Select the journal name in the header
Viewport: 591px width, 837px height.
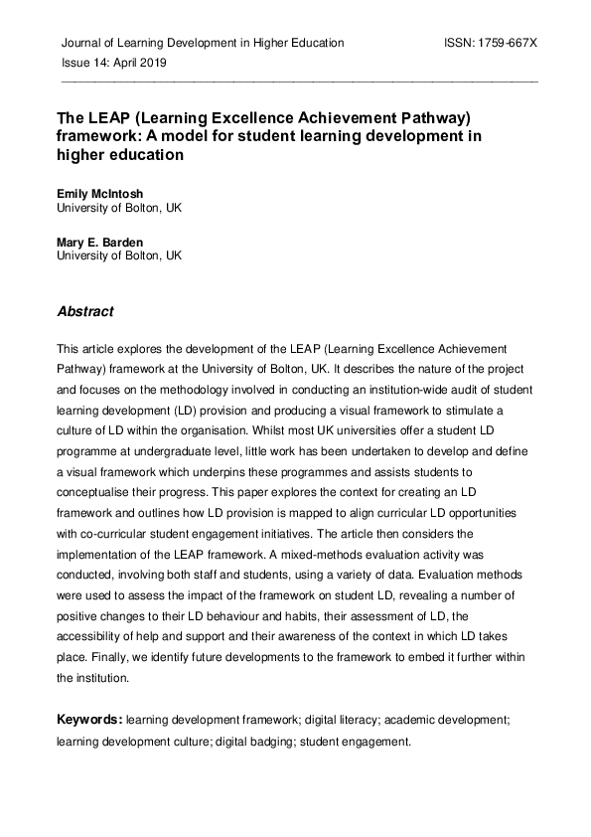click(203, 44)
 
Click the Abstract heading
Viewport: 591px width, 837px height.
click(85, 311)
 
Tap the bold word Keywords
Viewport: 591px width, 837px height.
click(88, 719)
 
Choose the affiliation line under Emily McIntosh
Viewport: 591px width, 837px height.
click(119, 209)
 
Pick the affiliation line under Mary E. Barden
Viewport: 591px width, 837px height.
click(119, 255)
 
